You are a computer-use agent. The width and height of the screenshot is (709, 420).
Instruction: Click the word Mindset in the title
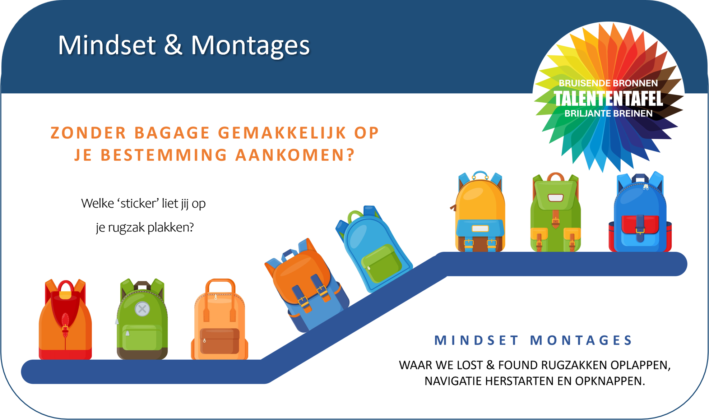pos(107,45)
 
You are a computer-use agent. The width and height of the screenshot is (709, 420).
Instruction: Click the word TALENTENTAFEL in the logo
pos(608,98)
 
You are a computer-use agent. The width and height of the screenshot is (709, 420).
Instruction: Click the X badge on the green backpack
pos(142,309)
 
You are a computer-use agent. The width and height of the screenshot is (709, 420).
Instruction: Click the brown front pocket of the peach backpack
pos(219,341)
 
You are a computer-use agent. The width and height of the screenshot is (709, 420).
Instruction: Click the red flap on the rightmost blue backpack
pos(640,224)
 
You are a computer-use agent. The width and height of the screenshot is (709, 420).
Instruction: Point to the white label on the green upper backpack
pos(555,198)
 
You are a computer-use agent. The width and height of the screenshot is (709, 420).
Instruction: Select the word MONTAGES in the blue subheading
pos(581,340)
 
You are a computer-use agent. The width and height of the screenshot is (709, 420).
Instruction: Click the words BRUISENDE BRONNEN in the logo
pos(608,83)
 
